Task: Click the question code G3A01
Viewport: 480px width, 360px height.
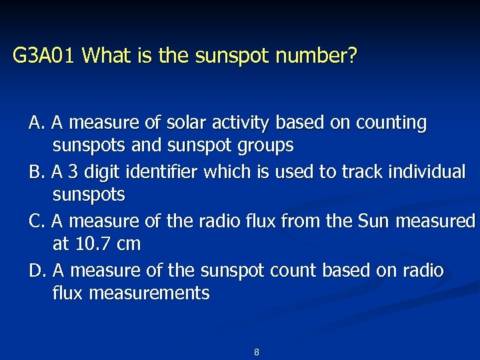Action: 46,55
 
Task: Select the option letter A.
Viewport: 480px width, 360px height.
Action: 36,123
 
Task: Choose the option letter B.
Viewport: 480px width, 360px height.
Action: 36,172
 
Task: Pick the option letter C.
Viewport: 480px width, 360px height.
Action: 36,221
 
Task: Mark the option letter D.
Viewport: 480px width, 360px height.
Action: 36,270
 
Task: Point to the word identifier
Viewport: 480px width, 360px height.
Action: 168,172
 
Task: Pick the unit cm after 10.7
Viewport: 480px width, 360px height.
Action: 127,244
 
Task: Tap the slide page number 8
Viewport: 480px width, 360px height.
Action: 257,352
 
